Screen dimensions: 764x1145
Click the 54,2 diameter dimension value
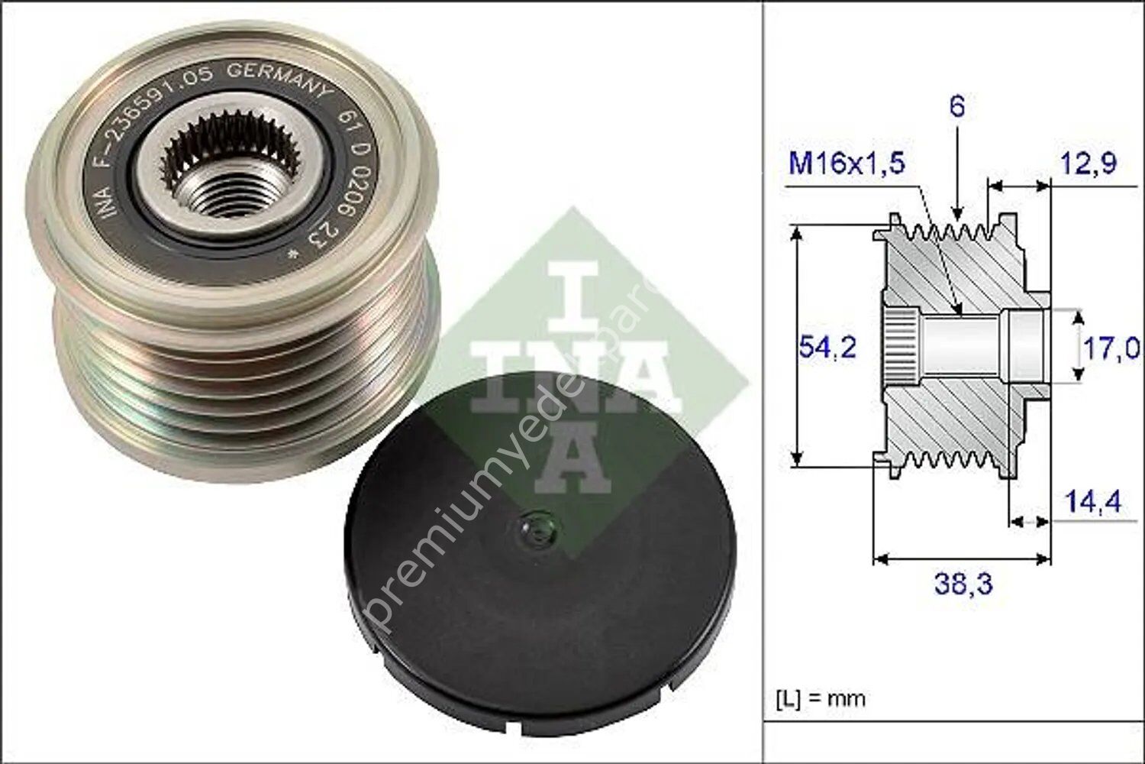pos(827,348)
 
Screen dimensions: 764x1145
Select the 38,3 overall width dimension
pos(963,584)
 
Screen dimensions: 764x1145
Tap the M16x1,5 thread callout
pos(846,163)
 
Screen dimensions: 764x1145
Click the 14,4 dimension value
pos(1092,502)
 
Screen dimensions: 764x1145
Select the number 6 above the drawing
pos(956,106)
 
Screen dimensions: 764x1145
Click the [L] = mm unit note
pos(821,698)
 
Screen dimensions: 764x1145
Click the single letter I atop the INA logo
pos(571,290)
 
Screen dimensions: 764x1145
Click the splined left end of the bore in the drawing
pos(901,348)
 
